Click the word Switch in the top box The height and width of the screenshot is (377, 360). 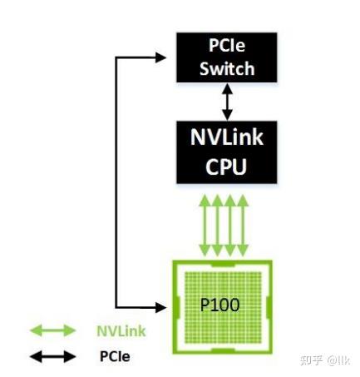pyautogui.click(x=226, y=67)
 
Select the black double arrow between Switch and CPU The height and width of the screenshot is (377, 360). pyautogui.click(x=226, y=102)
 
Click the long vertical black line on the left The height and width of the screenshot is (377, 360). pyautogui.click(x=114, y=183)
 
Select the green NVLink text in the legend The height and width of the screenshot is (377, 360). pyautogui.click(x=121, y=331)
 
